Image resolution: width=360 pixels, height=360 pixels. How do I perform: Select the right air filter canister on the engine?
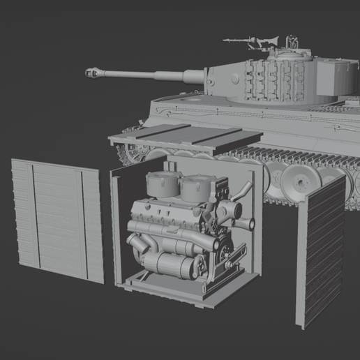point(196,187)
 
